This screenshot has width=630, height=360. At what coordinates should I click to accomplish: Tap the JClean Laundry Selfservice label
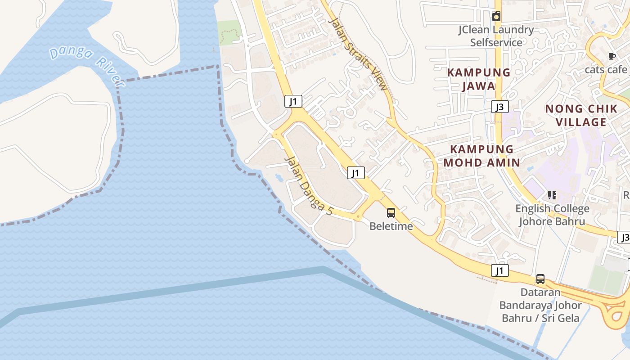point(496,36)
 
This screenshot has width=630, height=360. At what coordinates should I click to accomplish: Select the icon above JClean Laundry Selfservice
point(496,17)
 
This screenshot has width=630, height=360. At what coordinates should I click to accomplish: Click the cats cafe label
point(606,70)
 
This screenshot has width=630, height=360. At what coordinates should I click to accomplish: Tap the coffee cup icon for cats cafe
point(612,56)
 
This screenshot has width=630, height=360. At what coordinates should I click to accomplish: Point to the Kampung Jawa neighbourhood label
point(478,79)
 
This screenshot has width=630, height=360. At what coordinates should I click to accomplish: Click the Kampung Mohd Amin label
point(481,156)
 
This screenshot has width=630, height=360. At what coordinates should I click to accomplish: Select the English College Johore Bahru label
point(552,215)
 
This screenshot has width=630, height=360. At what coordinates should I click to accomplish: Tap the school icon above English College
point(552,195)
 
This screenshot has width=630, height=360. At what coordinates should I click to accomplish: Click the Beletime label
point(391,226)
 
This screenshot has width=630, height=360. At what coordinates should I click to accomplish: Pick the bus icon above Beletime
point(391,213)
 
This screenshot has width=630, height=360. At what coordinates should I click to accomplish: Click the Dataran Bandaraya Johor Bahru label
point(540,305)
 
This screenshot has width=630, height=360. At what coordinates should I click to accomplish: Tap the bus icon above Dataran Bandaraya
point(540,279)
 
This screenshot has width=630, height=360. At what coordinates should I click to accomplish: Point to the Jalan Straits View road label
point(358,54)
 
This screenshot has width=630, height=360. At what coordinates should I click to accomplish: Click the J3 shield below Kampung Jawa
point(499,107)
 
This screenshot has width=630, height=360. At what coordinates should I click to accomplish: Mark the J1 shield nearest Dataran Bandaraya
point(499,270)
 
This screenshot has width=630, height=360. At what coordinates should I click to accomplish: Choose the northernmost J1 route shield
point(293,101)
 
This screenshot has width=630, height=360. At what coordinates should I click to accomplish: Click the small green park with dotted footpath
point(229,32)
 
